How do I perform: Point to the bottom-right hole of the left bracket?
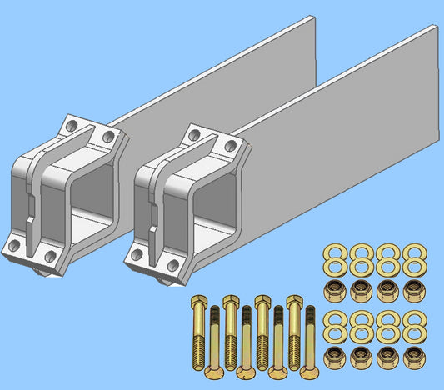50,256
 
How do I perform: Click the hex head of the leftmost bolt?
198,300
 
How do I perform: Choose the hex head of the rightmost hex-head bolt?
293,300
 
